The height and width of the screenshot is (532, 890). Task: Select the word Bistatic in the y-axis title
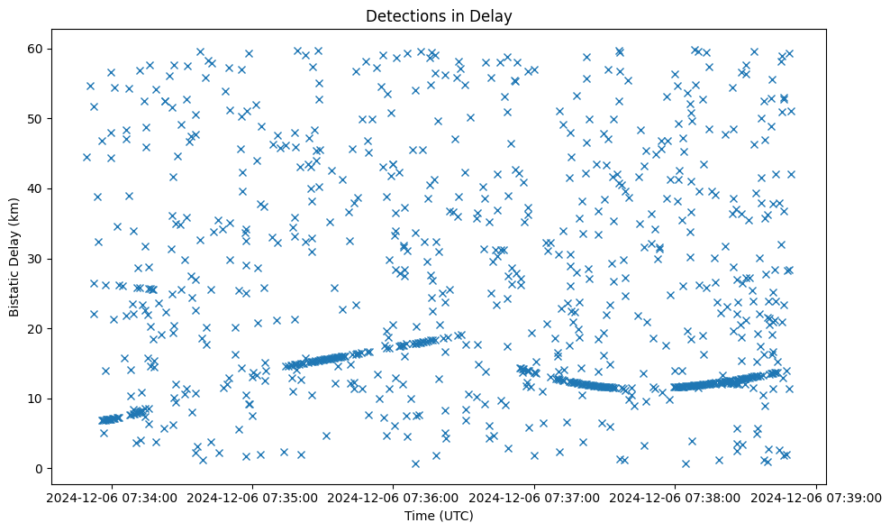pos(15,280)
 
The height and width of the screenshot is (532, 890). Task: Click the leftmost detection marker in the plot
pos(86,157)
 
